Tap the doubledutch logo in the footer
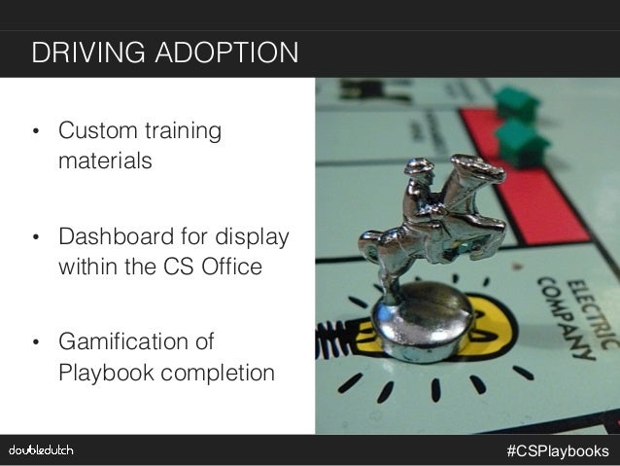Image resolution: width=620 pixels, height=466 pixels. (x=41, y=450)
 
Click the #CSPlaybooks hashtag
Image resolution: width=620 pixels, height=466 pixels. (x=558, y=450)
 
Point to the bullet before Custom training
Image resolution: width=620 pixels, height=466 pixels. (x=36, y=132)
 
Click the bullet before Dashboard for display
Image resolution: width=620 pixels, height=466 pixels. (x=36, y=239)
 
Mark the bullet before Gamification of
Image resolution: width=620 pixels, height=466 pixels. (x=36, y=345)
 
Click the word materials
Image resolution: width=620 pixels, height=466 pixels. (x=105, y=160)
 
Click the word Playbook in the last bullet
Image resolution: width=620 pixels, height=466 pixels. (x=103, y=373)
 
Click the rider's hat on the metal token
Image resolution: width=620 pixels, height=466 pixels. (x=420, y=167)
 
